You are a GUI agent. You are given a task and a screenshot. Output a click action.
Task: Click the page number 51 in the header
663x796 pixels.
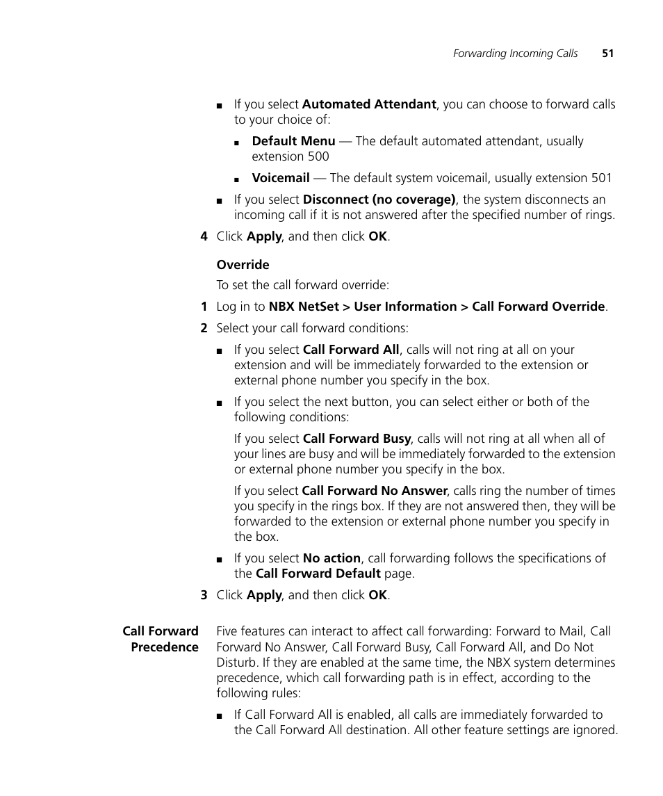[x=607, y=54]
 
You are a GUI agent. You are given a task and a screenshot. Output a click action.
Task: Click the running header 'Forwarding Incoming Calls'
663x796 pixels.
[x=515, y=54]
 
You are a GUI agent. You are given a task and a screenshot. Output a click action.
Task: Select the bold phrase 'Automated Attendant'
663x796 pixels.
[x=369, y=104]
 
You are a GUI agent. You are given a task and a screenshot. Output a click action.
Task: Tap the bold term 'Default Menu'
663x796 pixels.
[x=293, y=141]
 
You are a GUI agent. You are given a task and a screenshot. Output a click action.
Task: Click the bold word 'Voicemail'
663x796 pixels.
[x=281, y=178]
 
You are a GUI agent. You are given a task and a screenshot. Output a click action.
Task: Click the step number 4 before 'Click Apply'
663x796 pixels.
[x=204, y=236]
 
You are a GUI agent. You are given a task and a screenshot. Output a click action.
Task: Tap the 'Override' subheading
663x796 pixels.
[x=243, y=265]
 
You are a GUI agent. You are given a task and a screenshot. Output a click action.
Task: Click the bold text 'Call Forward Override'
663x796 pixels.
[x=538, y=307]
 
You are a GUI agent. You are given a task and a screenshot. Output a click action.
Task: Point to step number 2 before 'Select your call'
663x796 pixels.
[x=204, y=328]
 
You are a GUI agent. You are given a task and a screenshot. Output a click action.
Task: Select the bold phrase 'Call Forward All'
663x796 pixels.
[x=351, y=350]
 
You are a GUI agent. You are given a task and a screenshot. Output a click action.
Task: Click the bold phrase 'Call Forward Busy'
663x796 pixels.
[x=357, y=439]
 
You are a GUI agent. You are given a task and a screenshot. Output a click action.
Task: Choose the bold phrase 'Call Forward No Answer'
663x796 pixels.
[x=374, y=491]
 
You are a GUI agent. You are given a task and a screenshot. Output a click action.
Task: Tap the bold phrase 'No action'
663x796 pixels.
[x=331, y=558]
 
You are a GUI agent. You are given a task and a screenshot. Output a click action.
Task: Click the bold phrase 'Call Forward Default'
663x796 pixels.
[x=318, y=574]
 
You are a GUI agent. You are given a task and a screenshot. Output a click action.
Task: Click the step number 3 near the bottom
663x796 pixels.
[x=204, y=595]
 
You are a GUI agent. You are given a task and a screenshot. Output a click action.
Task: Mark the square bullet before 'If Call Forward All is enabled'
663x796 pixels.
[x=220, y=715]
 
